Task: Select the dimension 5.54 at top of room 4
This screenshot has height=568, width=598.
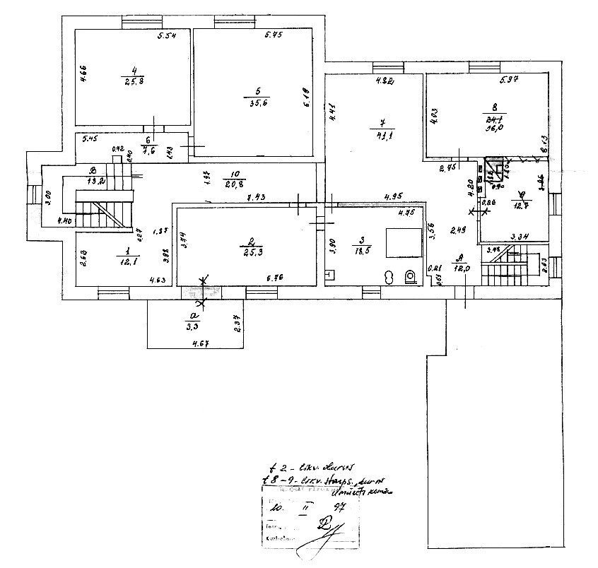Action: point(165,36)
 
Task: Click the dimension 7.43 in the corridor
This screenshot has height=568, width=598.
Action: point(256,199)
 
